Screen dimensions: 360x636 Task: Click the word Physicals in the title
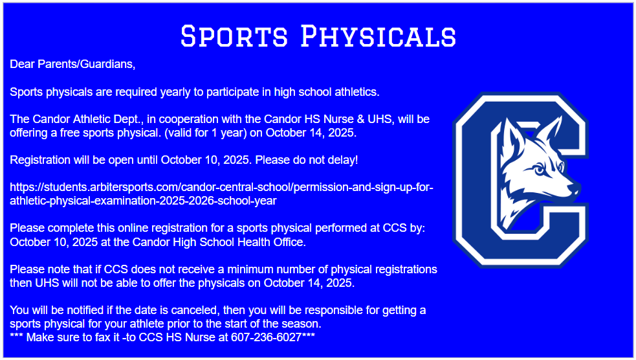pos(379,36)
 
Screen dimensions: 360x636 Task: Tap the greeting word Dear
pos(21,64)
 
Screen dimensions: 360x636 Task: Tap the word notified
pos(78,310)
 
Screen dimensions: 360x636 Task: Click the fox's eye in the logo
pos(539,170)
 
